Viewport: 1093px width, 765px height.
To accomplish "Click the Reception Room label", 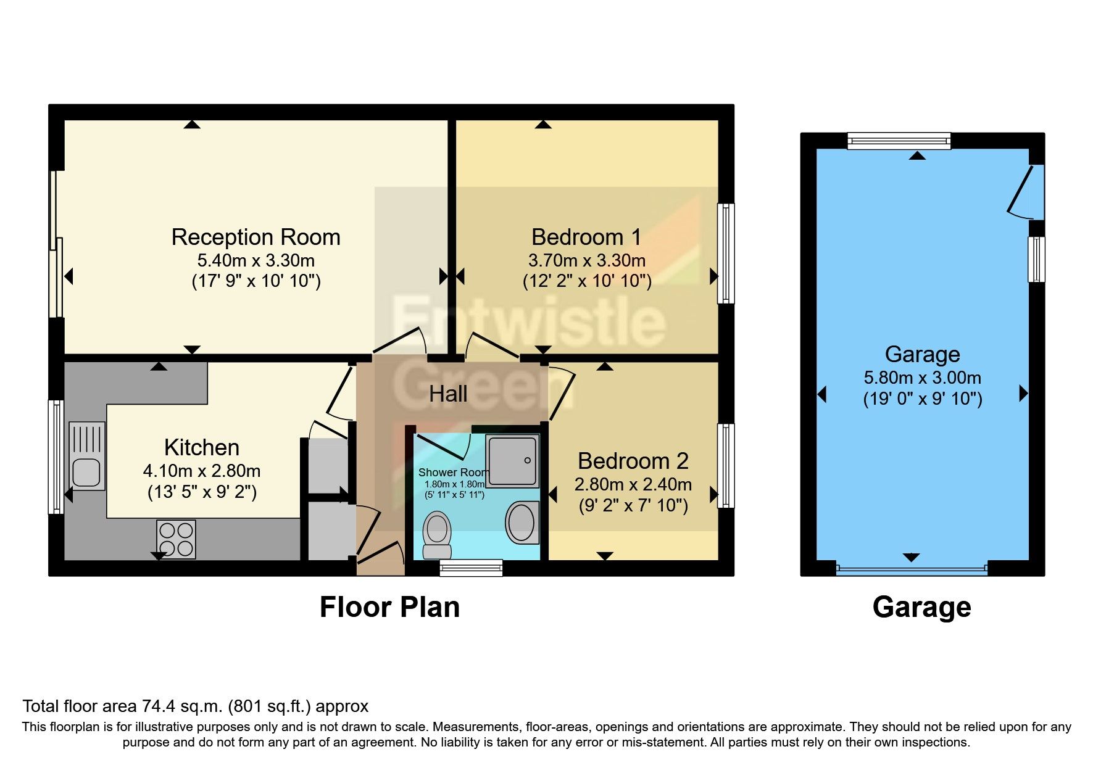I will (x=256, y=238).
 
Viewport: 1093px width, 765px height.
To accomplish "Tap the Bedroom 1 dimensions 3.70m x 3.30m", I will (x=586, y=260).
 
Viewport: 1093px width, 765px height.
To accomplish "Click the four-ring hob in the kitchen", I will (x=176, y=539).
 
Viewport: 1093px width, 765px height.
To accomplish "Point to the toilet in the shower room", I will (x=437, y=534).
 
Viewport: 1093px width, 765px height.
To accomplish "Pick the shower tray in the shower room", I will (x=512, y=460).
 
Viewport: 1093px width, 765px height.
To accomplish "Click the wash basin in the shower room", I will (x=522, y=522).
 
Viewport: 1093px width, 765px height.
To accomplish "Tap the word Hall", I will (x=448, y=394).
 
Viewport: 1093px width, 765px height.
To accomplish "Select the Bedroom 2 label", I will (x=633, y=461).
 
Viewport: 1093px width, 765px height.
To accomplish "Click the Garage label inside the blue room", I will (x=922, y=355).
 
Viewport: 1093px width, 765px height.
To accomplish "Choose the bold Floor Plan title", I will (x=389, y=607).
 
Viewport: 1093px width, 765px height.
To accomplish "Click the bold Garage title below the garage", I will (x=921, y=607).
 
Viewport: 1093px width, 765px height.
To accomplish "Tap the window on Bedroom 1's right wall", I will (x=726, y=254).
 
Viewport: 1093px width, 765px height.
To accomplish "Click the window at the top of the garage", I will (x=899, y=141).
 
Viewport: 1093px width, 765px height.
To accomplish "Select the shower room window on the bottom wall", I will (x=471, y=568).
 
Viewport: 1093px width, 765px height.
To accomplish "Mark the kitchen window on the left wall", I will (x=56, y=457).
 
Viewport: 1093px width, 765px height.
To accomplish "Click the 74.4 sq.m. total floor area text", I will (x=195, y=706).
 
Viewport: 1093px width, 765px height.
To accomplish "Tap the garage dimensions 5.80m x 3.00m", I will (x=922, y=378).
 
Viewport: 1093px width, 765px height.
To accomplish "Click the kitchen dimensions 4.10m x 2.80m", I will (x=202, y=471).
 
